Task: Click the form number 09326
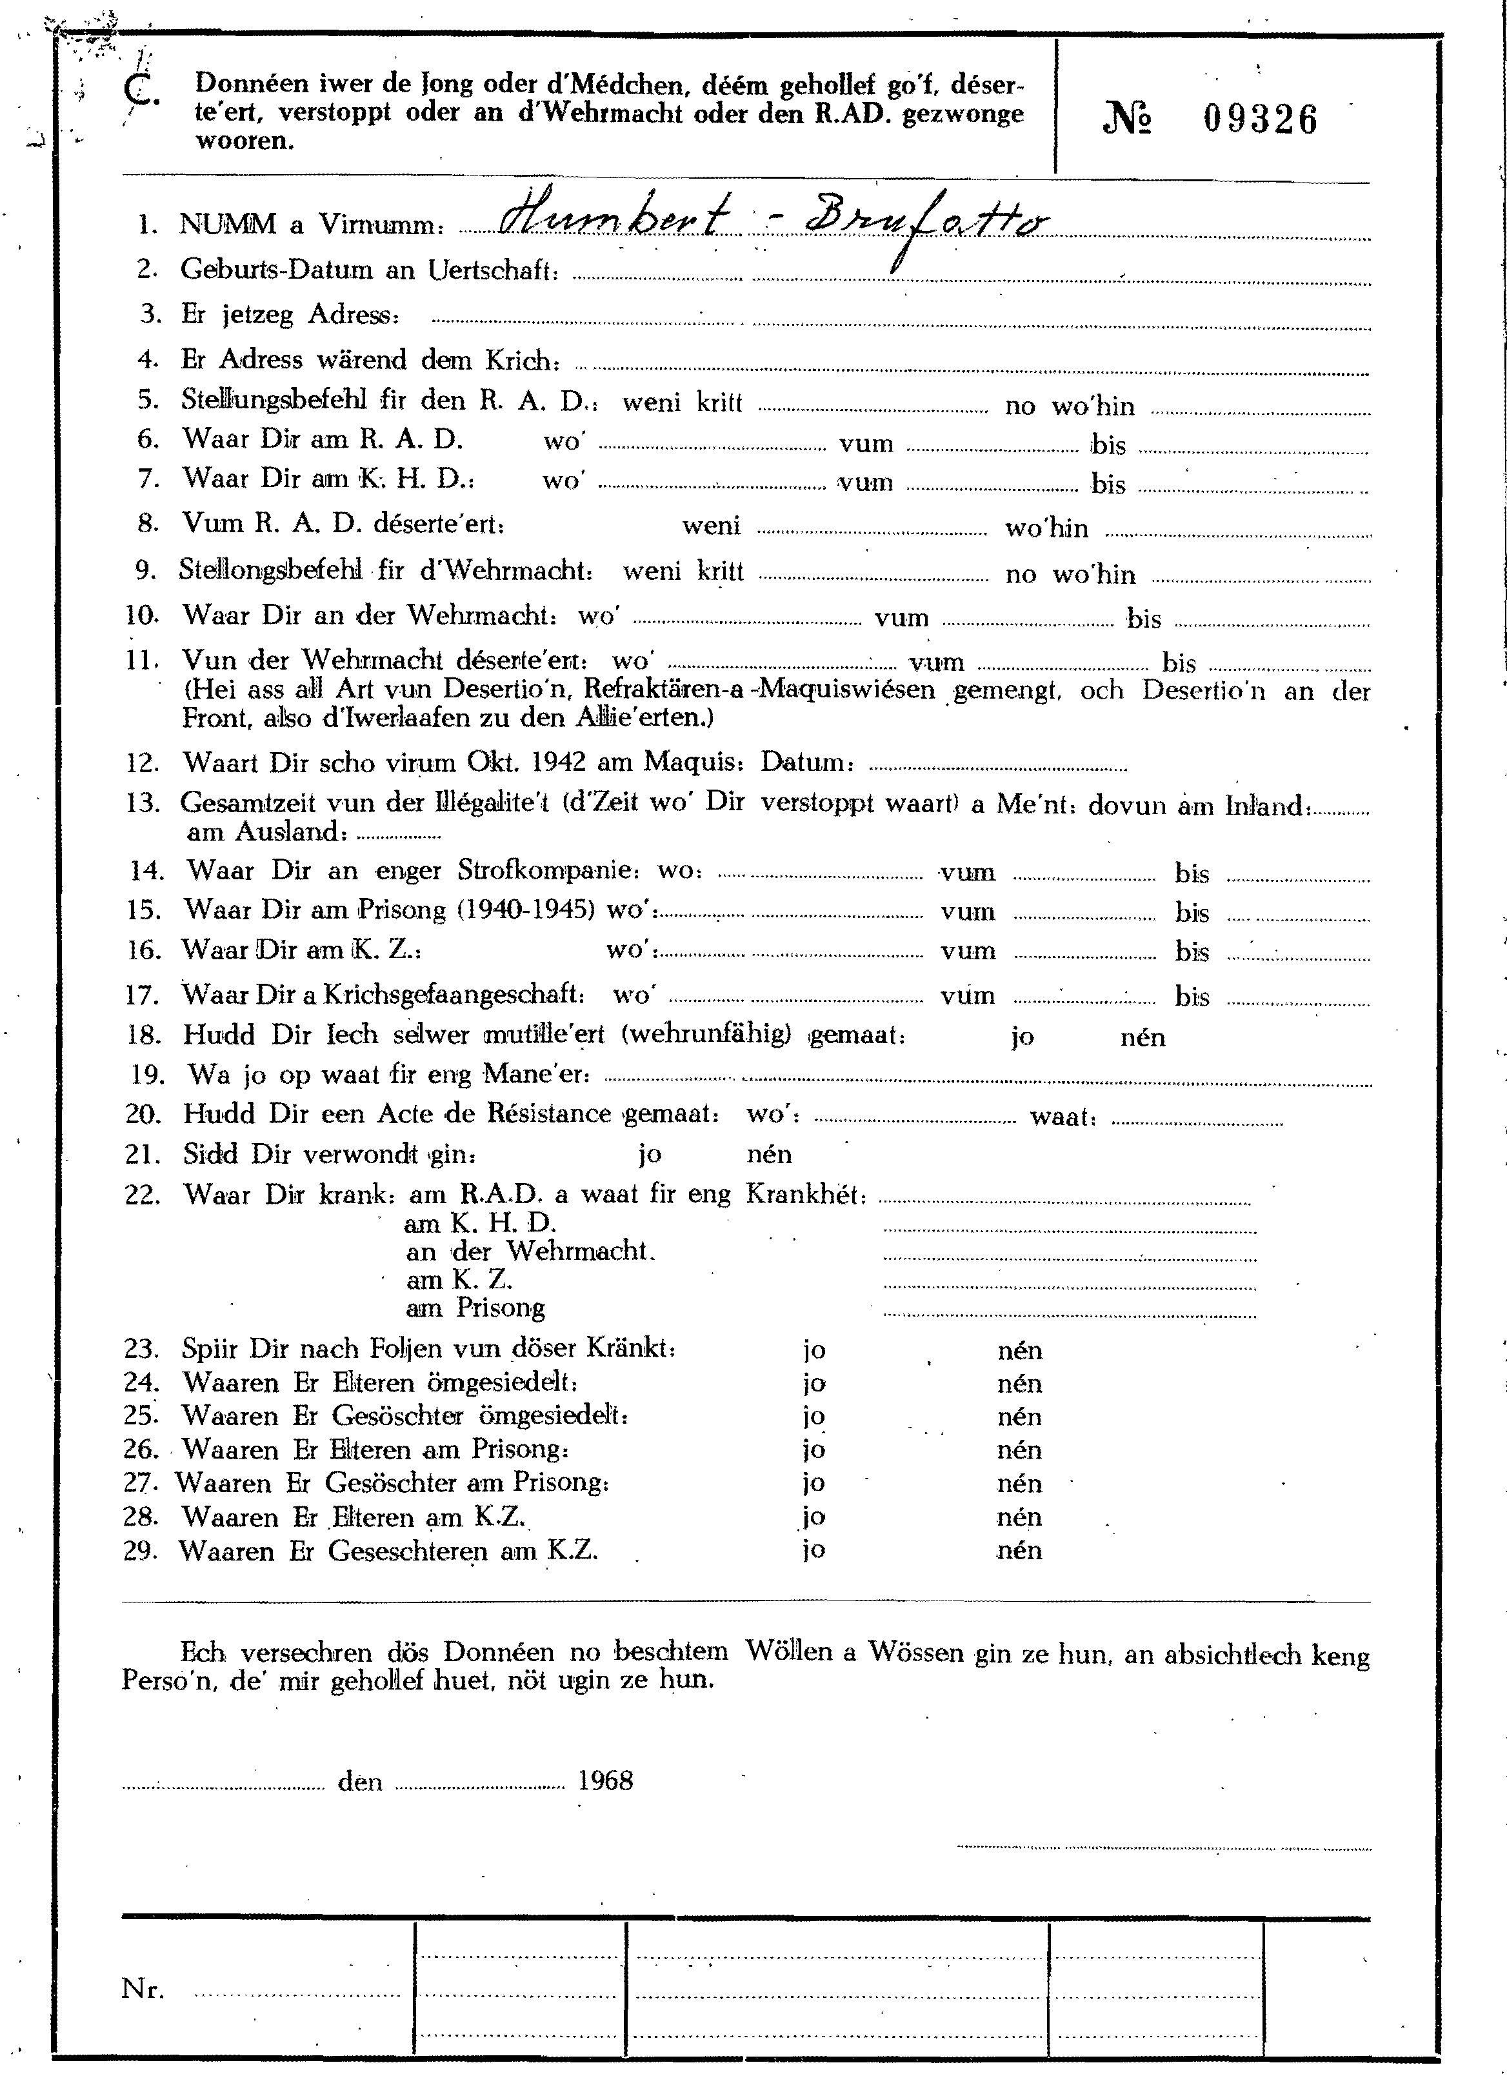pos(1261,120)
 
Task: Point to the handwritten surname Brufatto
pos(914,221)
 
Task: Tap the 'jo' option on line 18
pos(1023,1037)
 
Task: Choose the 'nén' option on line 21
pos(769,1154)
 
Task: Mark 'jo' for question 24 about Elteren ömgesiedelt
pos(813,1383)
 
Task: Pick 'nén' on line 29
pos(1019,1550)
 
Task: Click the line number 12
pos(143,764)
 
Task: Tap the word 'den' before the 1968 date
pos(360,1781)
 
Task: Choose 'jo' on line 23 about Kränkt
pos(813,1350)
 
